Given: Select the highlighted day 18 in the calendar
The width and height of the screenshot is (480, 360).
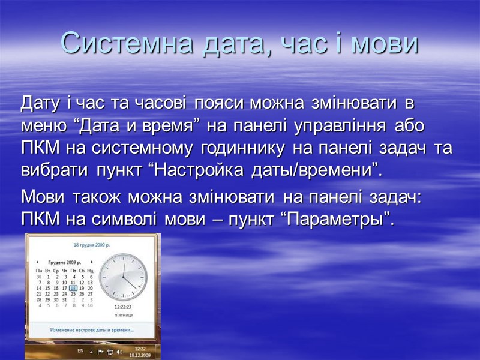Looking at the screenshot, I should tap(73, 287).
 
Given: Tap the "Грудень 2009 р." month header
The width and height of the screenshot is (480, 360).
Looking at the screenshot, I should tap(64, 262).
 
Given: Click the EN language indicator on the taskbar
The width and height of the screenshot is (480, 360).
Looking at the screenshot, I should tap(80, 350).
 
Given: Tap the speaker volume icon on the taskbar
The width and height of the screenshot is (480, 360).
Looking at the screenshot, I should tap(119, 351).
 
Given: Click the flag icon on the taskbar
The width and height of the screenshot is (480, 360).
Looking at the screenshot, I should tap(101, 351).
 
